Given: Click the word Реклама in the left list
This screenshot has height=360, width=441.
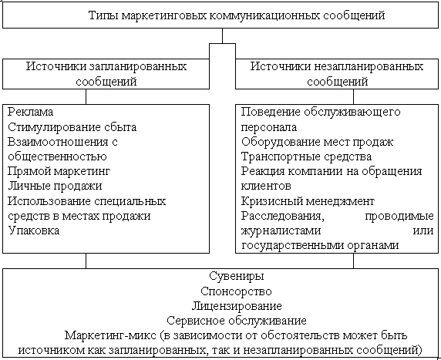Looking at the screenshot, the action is point(30,112).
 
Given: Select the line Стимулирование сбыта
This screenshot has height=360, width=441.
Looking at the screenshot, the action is point(72,127).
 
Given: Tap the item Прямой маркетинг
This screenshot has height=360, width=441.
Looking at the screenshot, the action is point(59,171).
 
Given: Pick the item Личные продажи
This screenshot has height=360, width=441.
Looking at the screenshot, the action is point(55,186).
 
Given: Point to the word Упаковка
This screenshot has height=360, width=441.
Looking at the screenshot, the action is point(34,230).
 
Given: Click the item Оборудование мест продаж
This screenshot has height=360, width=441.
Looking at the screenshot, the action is point(317,142).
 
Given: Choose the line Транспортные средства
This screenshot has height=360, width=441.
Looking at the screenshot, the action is point(306,156).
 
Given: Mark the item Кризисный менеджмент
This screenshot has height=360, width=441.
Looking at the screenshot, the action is point(308,201).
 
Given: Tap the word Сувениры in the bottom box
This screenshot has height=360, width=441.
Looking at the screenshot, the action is point(236,276).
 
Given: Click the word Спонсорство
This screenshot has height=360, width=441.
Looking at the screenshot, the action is point(236,291).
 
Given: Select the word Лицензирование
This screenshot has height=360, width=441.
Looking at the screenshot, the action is point(237,306).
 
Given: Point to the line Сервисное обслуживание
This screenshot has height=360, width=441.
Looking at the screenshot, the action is point(236,321).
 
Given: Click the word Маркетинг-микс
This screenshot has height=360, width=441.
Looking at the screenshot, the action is point(110,335).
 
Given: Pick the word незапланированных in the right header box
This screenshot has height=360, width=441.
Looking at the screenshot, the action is point(369,66).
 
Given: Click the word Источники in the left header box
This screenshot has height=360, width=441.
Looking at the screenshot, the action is point(56,66).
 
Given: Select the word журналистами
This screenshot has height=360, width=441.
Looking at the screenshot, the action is point(281,230).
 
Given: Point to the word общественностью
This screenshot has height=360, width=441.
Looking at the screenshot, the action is point(57,156).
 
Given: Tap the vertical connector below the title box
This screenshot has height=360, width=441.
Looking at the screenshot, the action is point(223,35).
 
